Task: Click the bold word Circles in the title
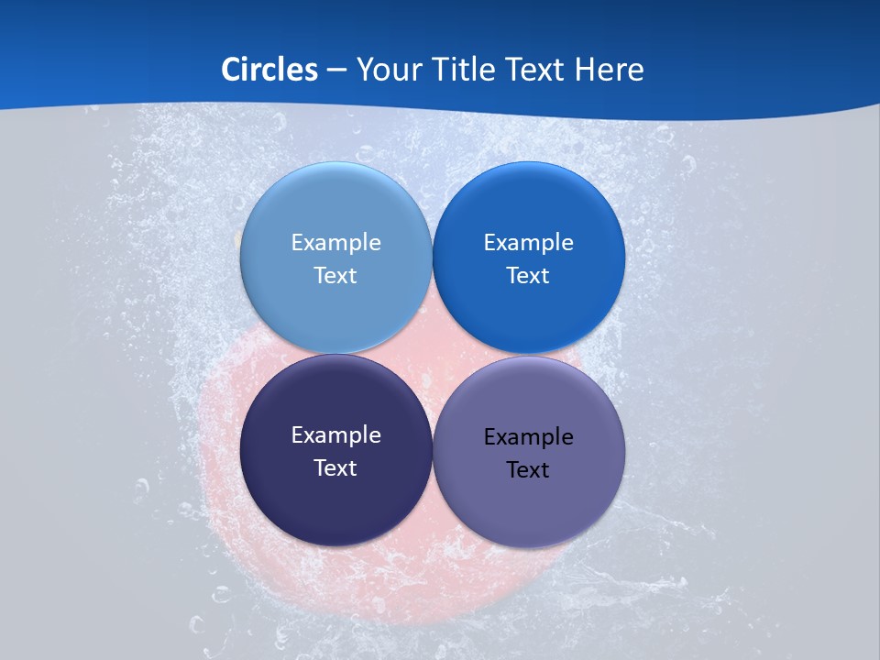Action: [269, 70]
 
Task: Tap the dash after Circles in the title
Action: [336, 71]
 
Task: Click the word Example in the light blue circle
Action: [335, 242]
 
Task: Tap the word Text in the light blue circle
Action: [335, 275]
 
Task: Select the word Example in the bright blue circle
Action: [528, 242]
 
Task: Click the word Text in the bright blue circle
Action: [528, 275]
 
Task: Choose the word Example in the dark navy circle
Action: [335, 434]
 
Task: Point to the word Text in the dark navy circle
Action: [335, 467]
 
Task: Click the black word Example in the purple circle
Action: [528, 436]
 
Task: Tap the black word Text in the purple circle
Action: [528, 469]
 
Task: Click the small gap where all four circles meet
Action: [432, 354]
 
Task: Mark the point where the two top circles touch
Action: [432, 258]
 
